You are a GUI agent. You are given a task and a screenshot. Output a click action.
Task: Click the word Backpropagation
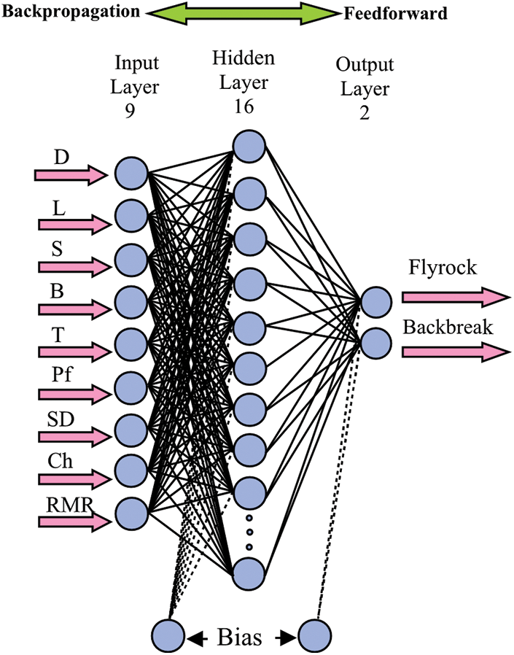(x=71, y=12)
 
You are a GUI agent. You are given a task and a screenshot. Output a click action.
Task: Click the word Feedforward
(x=395, y=14)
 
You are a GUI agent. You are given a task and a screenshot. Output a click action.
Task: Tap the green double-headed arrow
(x=243, y=13)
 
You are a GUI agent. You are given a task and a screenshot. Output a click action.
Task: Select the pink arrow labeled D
(x=71, y=174)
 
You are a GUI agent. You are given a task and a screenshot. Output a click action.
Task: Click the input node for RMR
(x=131, y=513)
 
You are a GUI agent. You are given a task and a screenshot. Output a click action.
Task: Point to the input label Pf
(x=62, y=376)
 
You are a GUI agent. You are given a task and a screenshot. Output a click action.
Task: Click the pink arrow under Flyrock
(x=456, y=297)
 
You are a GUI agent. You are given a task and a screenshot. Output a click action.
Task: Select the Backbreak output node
(x=376, y=343)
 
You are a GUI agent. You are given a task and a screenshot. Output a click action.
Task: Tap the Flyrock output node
(x=376, y=301)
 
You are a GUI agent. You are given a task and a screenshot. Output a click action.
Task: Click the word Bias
(x=240, y=637)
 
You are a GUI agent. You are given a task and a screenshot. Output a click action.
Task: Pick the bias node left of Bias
(x=168, y=636)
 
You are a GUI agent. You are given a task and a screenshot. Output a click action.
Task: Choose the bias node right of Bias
(x=314, y=636)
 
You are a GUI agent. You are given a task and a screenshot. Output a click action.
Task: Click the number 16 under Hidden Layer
(x=244, y=106)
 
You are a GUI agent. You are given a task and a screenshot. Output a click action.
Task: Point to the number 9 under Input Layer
(x=131, y=110)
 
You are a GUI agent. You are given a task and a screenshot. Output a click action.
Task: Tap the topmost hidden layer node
(x=249, y=146)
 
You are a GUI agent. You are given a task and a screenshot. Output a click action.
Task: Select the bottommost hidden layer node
(x=249, y=573)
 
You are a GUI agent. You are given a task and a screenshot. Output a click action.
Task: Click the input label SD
(x=61, y=419)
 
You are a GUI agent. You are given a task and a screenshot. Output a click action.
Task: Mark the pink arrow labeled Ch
(x=74, y=479)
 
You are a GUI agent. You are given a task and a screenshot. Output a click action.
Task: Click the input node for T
(x=131, y=344)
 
